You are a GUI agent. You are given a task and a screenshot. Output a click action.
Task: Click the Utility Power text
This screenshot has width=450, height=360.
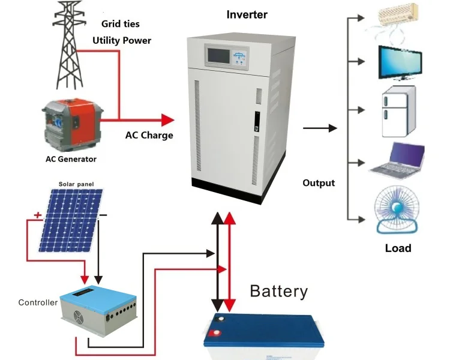click(121, 41)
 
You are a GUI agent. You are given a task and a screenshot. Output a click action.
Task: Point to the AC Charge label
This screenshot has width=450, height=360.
click(149, 135)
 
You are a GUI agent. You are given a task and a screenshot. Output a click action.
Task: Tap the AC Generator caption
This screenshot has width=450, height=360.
click(71, 159)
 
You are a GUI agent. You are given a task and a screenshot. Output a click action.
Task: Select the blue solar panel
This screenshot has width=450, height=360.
click(71, 220)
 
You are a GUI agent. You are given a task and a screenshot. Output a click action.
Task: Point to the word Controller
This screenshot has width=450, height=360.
click(38, 302)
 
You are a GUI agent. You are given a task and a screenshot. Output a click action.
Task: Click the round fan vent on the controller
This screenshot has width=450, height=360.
click(70, 317)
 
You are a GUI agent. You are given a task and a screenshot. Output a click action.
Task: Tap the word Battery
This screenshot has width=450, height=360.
click(278, 292)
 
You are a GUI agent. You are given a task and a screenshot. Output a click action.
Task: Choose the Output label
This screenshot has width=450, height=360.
click(319, 182)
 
